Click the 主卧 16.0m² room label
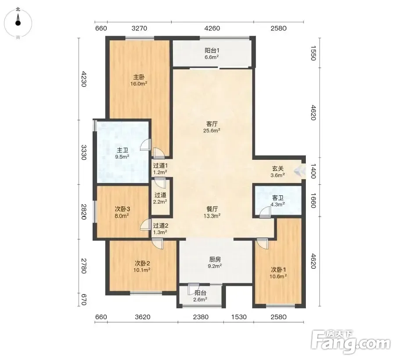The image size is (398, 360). pyautogui.click(x=139, y=80)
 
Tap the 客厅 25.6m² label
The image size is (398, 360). pyautogui.click(x=212, y=127)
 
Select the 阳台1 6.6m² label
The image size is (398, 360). pyautogui.click(x=212, y=54)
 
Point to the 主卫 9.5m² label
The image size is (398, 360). pyautogui.click(x=122, y=153)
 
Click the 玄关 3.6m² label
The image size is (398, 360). pyautogui.click(x=277, y=172)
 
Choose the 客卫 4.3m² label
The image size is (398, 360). pyautogui.click(x=277, y=201)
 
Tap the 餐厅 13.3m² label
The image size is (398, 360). pyautogui.click(x=212, y=212)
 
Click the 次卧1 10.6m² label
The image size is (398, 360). pyautogui.click(x=278, y=273)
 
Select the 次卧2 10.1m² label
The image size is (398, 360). pyautogui.click(x=142, y=266)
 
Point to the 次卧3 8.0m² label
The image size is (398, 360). pyautogui.click(x=122, y=212)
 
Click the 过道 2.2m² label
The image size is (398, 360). pyautogui.click(x=161, y=198)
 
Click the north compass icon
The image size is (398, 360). pyautogui.click(x=18, y=23)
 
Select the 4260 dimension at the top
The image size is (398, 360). pyautogui.click(x=212, y=28)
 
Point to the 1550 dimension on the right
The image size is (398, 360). pyautogui.click(x=313, y=53)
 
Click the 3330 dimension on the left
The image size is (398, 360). pyautogui.click(x=84, y=152)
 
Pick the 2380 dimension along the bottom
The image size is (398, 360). pyautogui.click(x=201, y=317)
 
